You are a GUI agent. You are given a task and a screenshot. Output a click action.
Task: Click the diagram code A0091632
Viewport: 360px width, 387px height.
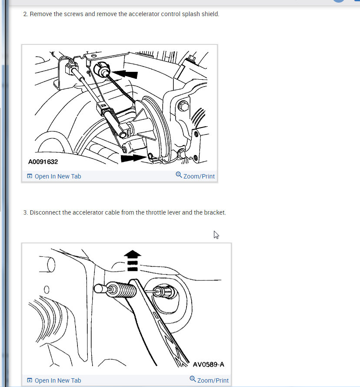pos(43,162)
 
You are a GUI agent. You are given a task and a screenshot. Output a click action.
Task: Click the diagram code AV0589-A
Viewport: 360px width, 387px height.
pos(208,364)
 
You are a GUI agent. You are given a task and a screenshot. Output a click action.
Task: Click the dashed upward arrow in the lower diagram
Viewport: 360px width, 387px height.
pos(133,261)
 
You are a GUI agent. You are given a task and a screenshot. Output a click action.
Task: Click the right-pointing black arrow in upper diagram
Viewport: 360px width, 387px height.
pos(133,158)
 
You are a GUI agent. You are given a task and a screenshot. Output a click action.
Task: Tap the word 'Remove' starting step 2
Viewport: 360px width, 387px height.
pos(41,14)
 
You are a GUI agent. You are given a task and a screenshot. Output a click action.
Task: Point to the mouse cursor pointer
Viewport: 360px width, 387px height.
pos(216,235)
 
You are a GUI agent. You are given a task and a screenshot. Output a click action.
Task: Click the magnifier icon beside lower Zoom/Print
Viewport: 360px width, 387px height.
pos(193,379)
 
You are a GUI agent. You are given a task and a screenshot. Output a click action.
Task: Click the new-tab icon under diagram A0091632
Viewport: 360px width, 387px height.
pos(30,176)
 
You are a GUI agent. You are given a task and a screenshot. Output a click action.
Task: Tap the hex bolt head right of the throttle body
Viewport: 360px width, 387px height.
pos(183,106)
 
